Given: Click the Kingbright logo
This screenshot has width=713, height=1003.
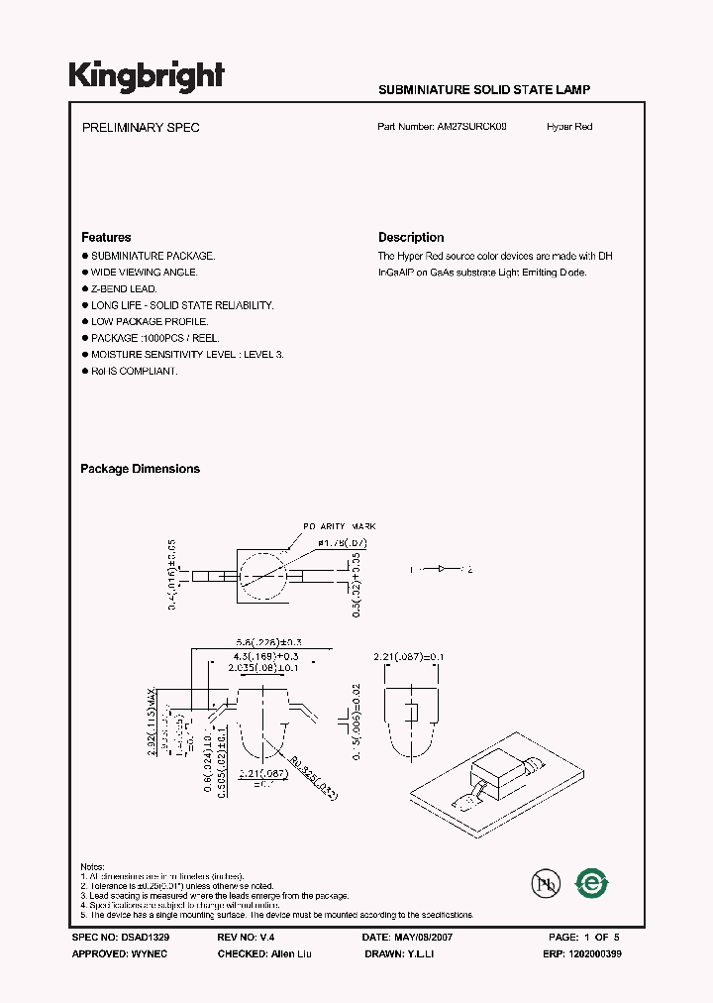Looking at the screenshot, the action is point(146,76).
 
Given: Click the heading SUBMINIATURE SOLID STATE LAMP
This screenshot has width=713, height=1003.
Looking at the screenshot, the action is point(484,89).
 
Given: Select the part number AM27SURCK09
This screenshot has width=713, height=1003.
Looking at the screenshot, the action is point(471,127).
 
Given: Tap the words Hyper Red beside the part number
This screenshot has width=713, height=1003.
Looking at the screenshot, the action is point(569,127).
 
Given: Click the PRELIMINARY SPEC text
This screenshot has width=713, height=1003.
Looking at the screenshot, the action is point(140,128).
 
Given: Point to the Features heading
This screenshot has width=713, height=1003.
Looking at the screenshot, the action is point(106,237).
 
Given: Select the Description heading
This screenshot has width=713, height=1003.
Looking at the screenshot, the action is point(411,237).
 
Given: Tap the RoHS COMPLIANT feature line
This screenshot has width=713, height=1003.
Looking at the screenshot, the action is point(135,371).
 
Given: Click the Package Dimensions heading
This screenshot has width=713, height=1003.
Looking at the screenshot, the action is point(140,469).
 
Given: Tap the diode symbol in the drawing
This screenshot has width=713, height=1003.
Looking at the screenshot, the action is point(441,569).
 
